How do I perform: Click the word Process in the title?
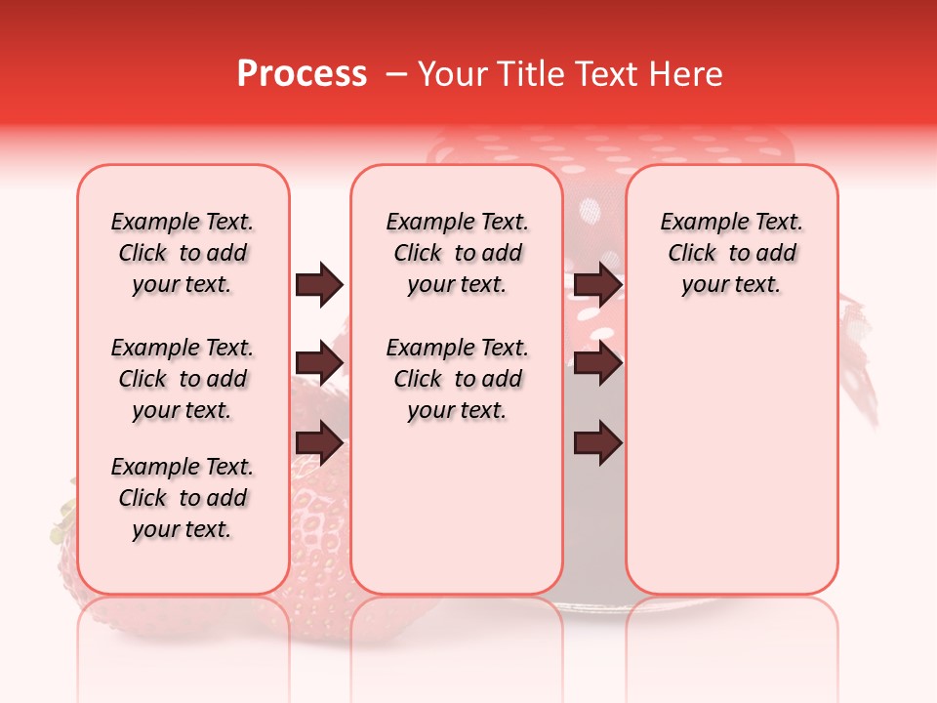302,74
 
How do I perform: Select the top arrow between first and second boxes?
319,284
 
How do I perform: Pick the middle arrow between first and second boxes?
319,364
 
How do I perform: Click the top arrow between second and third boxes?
597,284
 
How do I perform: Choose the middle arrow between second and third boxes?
597,364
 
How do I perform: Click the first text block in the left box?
183,253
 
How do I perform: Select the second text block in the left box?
183,379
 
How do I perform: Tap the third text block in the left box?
183,498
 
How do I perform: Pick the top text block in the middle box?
457,253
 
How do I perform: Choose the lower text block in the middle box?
457,379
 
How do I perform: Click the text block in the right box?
731,253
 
